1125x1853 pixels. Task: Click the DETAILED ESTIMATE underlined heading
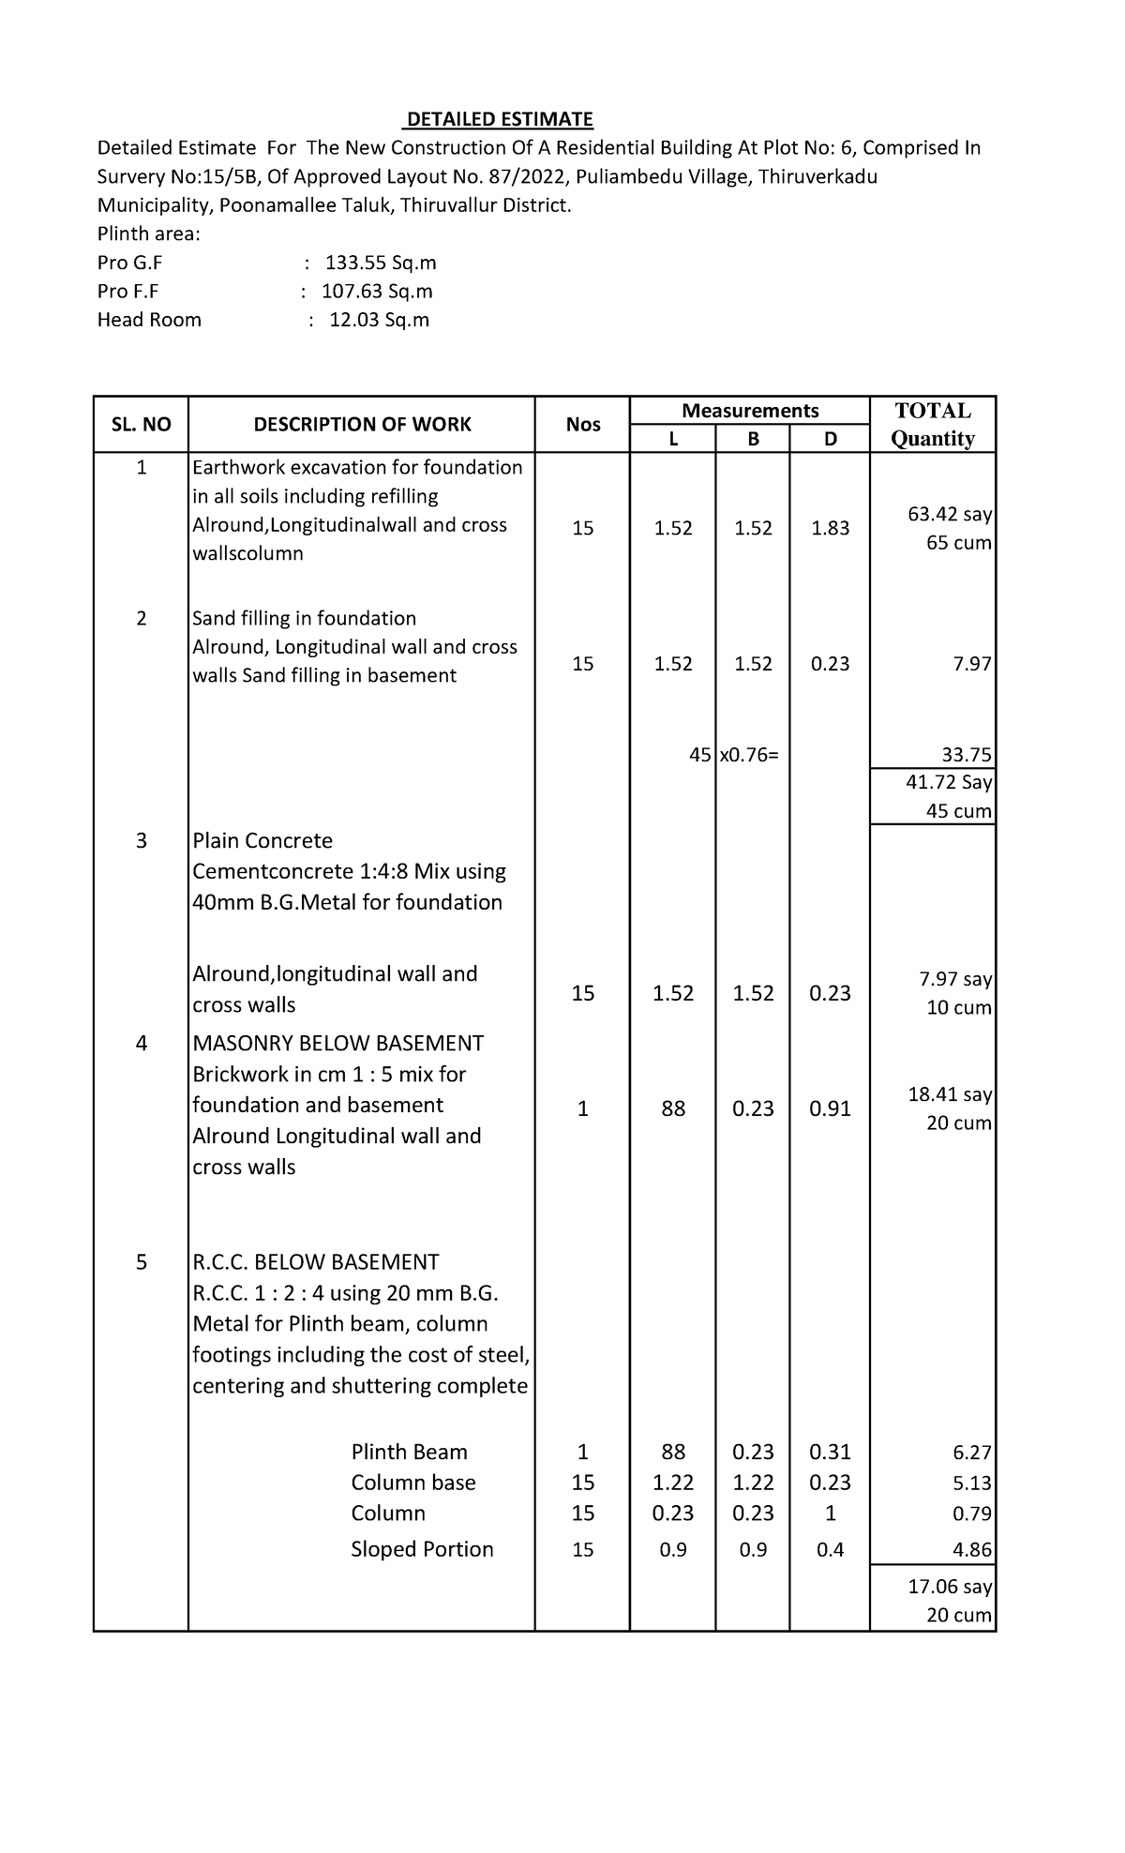pyautogui.click(x=498, y=119)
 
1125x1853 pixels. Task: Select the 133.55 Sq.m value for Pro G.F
pyautogui.click(x=380, y=263)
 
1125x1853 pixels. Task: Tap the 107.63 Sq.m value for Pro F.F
pyautogui.click(x=377, y=292)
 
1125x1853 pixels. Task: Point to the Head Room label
pyautogui.click(x=149, y=320)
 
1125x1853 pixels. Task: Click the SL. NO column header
pyautogui.click(x=141, y=425)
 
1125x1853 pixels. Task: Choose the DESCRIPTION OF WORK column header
pyautogui.click(x=362, y=425)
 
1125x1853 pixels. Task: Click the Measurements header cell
pyautogui.click(x=750, y=411)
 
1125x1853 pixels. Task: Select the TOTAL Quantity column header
pyautogui.click(x=933, y=425)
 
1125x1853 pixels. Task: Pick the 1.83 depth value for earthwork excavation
pyautogui.click(x=830, y=528)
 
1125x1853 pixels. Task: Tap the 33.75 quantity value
pyautogui.click(x=967, y=755)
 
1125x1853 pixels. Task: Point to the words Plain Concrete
pyautogui.click(x=262, y=840)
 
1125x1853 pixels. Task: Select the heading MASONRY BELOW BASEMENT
pyautogui.click(x=337, y=1043)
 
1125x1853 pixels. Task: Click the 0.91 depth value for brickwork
pyautogui.click(x=830, y=1108)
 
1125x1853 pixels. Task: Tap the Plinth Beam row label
pyautogui.click(x=409, y=1452)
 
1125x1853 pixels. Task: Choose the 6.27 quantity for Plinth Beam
pyautogui.click(x=972, y=1453)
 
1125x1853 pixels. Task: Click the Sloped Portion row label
pyautogui.click(x=422, y=1549)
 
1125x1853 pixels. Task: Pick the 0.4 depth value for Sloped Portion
pyautogui.click(x=830, y=1550)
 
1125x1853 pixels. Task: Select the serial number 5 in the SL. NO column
pyautogui.click(x=141, y=1262)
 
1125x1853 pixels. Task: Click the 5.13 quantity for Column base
pyautogui.click(x=972, y=1484)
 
